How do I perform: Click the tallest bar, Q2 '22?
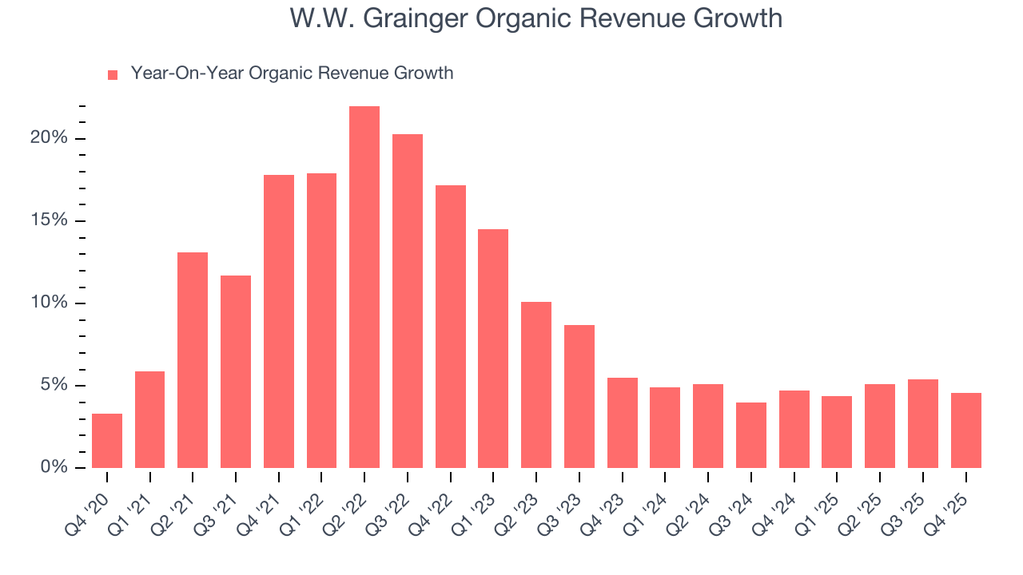(x=364, y=287)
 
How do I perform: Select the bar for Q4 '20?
(x=107, y=441)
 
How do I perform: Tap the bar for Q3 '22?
(x=408, y=301)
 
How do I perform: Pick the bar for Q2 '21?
(x=193, y=360)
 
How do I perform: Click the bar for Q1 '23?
(x=493, y=349)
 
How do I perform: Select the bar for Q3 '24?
(x=751, y=435)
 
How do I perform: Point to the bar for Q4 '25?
(x=965, y=430)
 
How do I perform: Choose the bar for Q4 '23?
(x=623, y=423)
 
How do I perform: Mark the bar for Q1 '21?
(x=150, y=420)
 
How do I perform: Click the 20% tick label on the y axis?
(x=49, y=138)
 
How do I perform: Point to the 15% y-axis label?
(x=49, y=220)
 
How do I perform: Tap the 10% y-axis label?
(x=49, y=303)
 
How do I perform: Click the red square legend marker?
(x=113, y=75)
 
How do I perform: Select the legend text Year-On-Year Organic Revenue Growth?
(x=292, y=73)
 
